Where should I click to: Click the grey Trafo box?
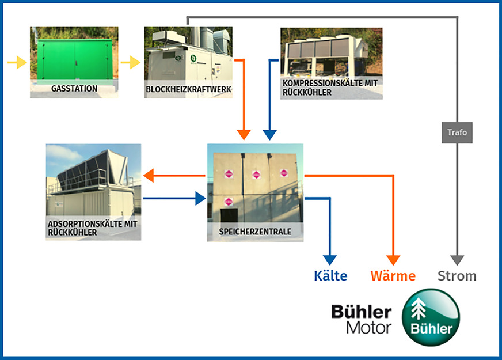pos(457,132)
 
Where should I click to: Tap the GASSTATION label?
pos(74,89)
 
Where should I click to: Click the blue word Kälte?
pos(330,276)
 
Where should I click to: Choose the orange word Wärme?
pos(393,276)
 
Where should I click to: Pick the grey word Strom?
pos(457,276)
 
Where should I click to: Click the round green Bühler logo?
pos(431,316)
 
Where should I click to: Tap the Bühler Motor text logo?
pos(361,319)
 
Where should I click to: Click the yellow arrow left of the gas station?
pos(18,62)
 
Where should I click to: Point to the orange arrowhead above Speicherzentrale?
pos(244,134)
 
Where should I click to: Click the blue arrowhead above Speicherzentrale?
pos(269,134)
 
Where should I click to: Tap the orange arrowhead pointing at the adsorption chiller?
pos(149,175)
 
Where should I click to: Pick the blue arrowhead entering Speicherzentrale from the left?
pos(200,199)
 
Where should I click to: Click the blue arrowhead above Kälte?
pos(330,259)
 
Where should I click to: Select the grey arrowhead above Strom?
pos(457,259)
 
